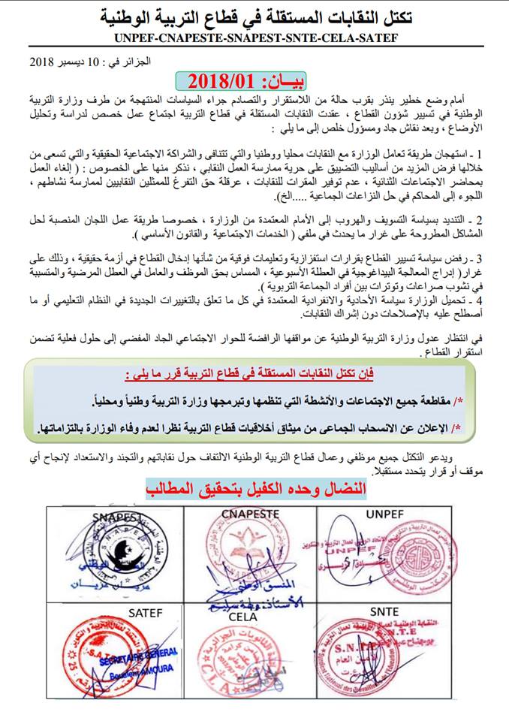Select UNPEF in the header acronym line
(x=142, y=38)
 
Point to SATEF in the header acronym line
(x=375, y=38)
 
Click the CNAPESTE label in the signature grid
(x=250, y=514)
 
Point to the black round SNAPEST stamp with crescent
(x=120, y=554)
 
